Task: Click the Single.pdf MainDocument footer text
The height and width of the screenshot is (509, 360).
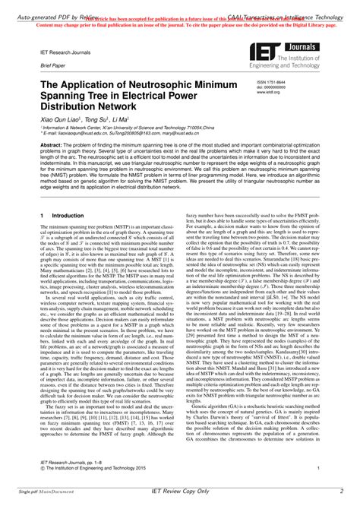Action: (x=37, y=495)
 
